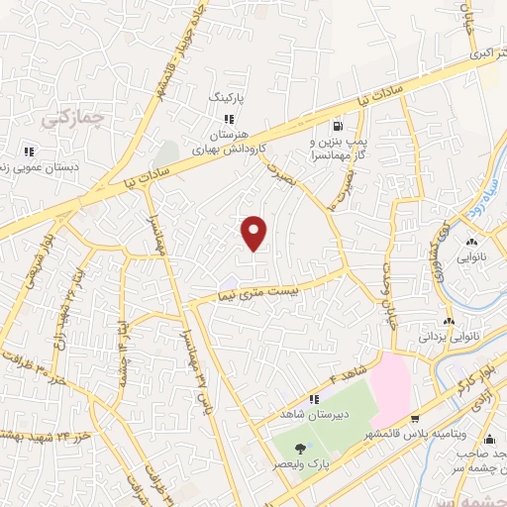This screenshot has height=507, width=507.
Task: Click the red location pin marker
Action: pyautogui.click(x=255, y=233)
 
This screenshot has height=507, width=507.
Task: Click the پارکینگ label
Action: pyautogui.click(x=225, y=100)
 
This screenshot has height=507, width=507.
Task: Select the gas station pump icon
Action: pyautogui.click(x=339, y=126)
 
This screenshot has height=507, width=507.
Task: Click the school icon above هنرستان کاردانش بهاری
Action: pyautogui.click(x=229, y=119)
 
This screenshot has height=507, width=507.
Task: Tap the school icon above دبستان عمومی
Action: pyautogui.click(x=29, y=151)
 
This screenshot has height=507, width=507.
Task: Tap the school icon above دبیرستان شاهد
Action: pyautogui.click(x=314, y=400)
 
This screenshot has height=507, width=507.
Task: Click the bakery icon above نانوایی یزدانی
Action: pyautogui.click(x=450, y=321)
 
